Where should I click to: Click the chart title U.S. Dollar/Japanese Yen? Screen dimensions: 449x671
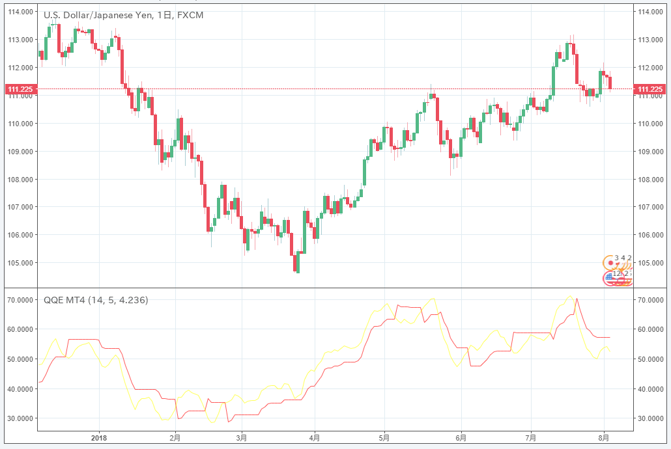click(97, 14)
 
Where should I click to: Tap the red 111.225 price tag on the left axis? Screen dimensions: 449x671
click(20, 89)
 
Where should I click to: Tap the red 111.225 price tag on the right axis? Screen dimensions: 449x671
click(650, 89)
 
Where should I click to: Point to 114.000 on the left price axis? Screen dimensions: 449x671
click(20, 12)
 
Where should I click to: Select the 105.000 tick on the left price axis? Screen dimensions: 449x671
click(20, 263)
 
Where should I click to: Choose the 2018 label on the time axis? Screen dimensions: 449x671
click(99, 437)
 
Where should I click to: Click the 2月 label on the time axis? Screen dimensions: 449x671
click(175, 437)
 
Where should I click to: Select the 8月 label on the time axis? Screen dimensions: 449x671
click(604, 437)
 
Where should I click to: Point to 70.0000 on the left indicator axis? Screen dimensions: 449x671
click(20, 300)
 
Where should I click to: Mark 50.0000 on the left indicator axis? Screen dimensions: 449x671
click(20, 359)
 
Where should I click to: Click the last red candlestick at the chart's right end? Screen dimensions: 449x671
click(610, 83)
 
